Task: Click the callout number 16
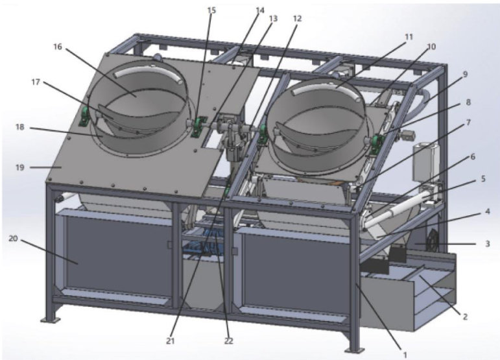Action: tap(58, 47)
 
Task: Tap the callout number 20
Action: tap(13, 238)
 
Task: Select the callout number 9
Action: tap(465, 75)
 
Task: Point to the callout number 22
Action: tap(229, 341)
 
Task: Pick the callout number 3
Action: tap(487, 244)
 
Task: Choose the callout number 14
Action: tap(260, 10)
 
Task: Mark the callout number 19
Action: tap(19, 167)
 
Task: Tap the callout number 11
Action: tap(409, 37)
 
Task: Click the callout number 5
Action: tap(483, 179)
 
